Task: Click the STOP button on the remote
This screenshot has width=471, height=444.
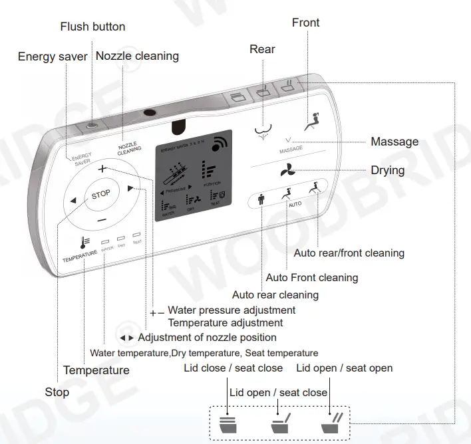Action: (x=101, y=195)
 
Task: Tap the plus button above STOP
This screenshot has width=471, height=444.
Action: (x=101, y=169)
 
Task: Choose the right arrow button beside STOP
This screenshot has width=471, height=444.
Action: (x=130, y=188)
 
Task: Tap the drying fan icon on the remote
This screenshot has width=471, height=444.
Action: (x=287, y=171)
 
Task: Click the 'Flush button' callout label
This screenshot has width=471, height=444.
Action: (x=92, y=27)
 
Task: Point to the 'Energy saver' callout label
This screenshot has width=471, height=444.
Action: (x=53, y=57)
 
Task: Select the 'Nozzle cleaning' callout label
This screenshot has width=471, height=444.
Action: (x=137, y=56)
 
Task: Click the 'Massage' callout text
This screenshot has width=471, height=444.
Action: (x=394, y=142)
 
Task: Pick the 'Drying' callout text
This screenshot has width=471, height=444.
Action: (x=388, y=170)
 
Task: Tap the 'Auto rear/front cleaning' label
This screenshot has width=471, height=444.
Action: (x=349, y=253)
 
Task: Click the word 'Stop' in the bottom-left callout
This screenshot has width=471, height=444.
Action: (x=57, y=392)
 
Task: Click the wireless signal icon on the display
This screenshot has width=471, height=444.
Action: (x=219, y=144)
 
